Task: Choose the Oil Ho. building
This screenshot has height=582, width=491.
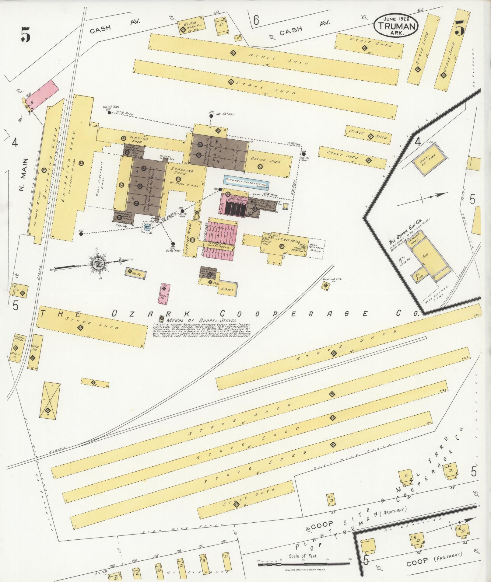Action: coord(136,273)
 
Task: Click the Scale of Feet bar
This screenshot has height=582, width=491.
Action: coord(304,564)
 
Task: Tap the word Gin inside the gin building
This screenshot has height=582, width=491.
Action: coord(425,256)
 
